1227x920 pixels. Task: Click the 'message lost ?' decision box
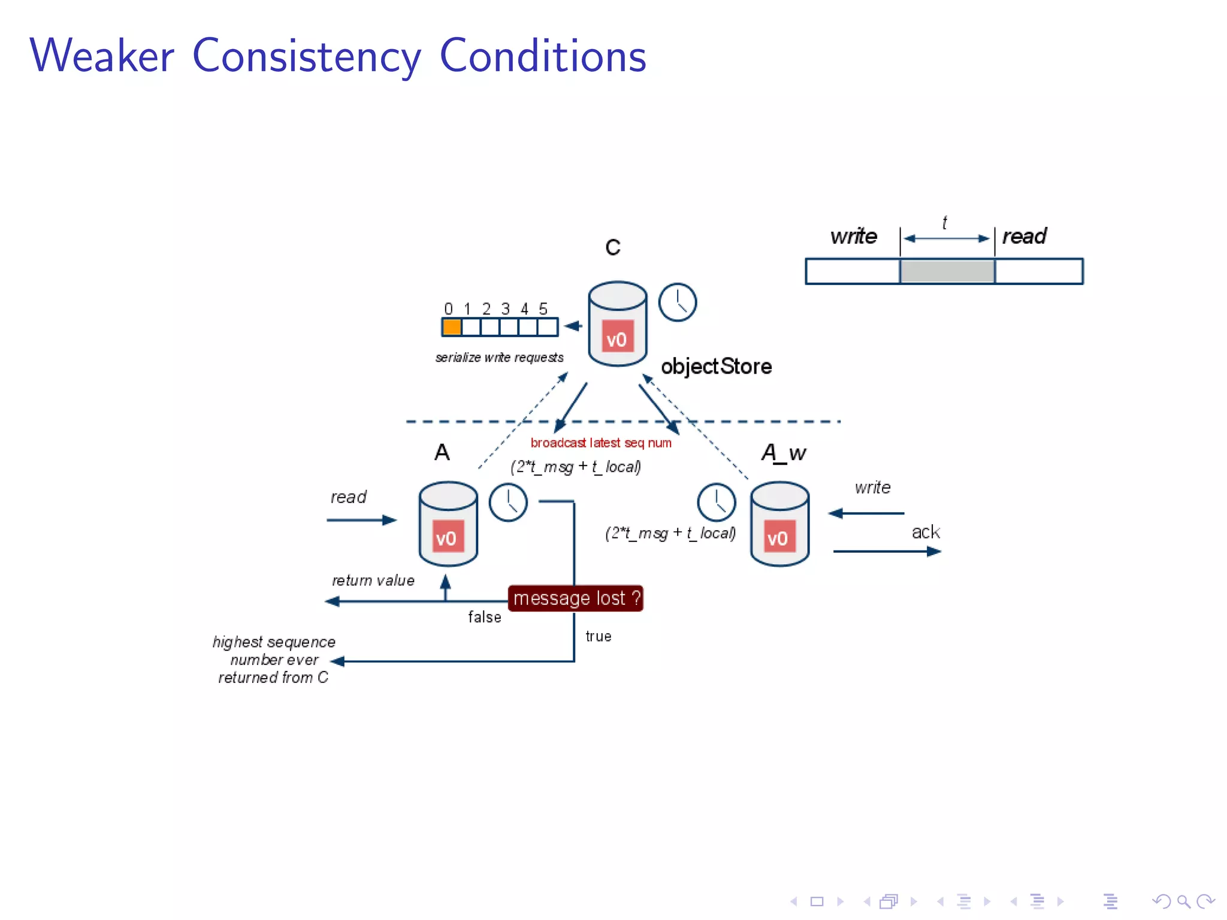575,598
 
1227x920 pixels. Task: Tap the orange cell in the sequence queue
452,327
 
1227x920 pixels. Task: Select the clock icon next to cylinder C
678,302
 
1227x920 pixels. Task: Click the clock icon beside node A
508,503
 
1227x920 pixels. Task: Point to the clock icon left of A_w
716,503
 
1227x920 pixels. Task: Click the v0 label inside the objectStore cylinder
617,339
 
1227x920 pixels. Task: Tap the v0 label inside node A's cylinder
446,538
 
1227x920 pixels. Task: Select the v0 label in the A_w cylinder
778,538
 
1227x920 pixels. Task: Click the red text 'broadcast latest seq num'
601,443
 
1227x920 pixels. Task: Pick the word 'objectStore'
716,366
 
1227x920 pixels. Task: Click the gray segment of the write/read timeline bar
947,271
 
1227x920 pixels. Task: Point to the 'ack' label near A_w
926,532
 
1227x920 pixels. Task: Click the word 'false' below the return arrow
485,617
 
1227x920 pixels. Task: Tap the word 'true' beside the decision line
599,636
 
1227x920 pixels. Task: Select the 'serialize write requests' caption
499,358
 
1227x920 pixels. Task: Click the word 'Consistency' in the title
306,56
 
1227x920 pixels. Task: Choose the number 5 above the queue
543,309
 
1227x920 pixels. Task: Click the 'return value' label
373,580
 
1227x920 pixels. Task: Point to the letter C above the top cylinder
613,247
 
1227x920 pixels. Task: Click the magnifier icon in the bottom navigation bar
1183,901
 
